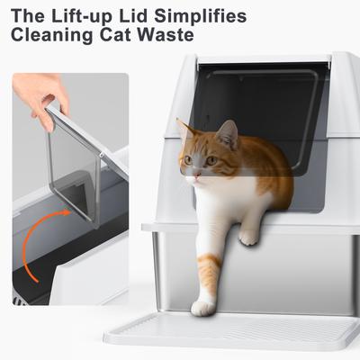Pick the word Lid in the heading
(138, 16)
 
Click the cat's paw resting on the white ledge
(248, 236)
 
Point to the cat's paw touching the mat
(203, 307)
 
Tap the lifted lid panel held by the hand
(75, 166)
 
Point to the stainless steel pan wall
(297, 270)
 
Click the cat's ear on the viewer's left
(185, 129)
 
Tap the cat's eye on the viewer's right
(211, 160)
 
